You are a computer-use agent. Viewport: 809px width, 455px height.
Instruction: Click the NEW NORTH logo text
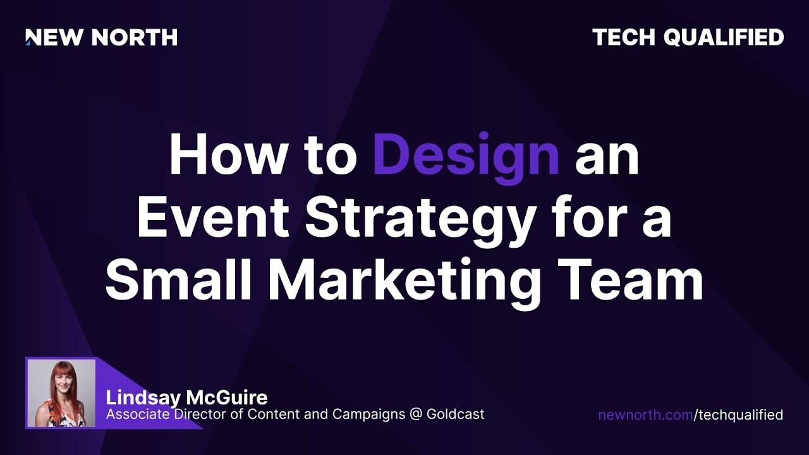click(101, 38)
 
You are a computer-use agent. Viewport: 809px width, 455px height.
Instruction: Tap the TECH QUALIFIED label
click(688, 38)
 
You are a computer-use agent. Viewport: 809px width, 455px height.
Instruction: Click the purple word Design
click(466, 155)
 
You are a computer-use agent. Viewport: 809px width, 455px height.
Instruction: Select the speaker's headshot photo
click(61, 392)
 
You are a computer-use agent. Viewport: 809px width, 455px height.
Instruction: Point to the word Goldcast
click(456, 415)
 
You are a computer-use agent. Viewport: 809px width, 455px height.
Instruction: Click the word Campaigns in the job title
click(368, 415)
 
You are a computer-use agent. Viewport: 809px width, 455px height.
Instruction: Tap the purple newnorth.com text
click(645, 415)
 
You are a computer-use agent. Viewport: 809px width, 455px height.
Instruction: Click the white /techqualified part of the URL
click(738, 415)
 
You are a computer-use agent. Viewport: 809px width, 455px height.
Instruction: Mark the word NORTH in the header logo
click(134, 38)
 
